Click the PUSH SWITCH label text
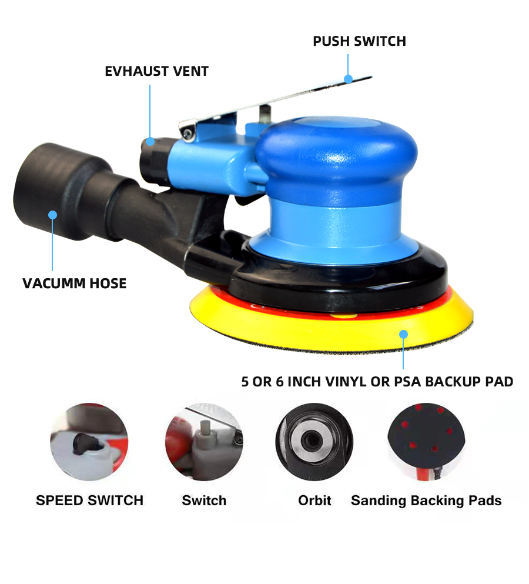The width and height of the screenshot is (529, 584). tap(359, 41)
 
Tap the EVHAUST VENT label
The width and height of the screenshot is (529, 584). tap(157, 71)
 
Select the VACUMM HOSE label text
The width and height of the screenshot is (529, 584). tap(75, 283)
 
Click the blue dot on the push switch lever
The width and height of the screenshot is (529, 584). tap(348, 79)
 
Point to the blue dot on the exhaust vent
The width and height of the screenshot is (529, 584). tap(150, 142)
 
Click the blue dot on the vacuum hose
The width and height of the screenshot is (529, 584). tap(52, 215)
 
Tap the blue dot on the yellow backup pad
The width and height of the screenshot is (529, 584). tap(404, 334)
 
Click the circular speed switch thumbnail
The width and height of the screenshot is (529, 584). tap(89, 442)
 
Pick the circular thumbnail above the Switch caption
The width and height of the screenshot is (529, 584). tap(204, 442)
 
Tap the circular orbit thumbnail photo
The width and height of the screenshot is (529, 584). tap(314, 442)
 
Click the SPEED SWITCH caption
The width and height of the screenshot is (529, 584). tap(90, 500)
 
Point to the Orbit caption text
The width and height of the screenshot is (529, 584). tap(314, 500)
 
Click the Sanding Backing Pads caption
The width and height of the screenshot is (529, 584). tap(426, 501)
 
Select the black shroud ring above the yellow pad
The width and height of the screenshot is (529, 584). tap(428, 283)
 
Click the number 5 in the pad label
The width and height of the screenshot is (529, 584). tap(245, 382)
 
